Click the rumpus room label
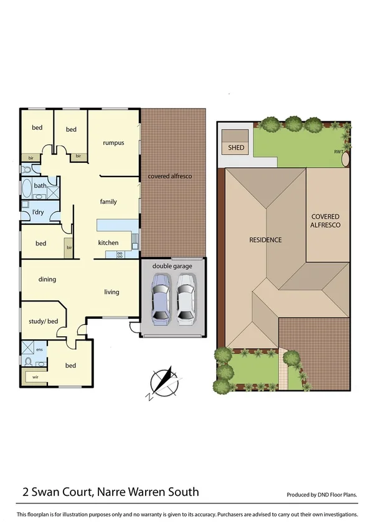coord(113,143)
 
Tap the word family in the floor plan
coord(109,202)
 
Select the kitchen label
coord(108,242)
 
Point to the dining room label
coord(47,280)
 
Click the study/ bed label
coord(43,321)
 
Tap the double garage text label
coord(172,266)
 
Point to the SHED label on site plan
coord(236,148)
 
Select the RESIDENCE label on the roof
coord(265,240)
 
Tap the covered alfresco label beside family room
coord(170,176)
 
